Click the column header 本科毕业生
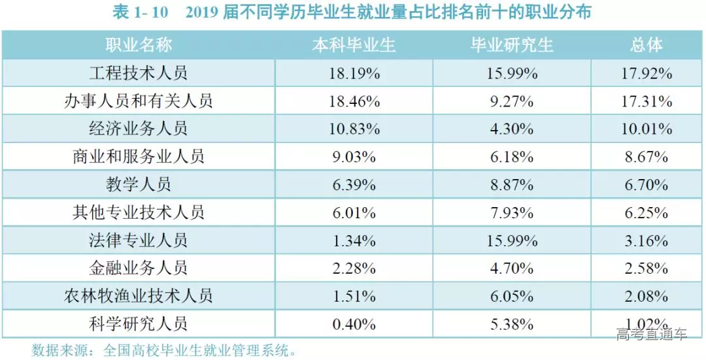pos(354,45)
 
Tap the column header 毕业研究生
pos(512,45)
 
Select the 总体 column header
pos(647,45)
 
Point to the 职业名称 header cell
pos(139,45)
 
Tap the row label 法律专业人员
pos(139,240)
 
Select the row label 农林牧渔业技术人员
pos(139,295)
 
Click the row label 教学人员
pos(139,184)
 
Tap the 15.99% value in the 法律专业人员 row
pos(512,240)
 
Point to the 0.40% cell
pos(354,323)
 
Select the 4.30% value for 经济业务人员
pos(512,129)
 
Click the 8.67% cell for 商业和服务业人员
pos(647,157)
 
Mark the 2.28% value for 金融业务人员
pos(354,268)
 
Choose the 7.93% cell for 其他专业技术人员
pos(512,212)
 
